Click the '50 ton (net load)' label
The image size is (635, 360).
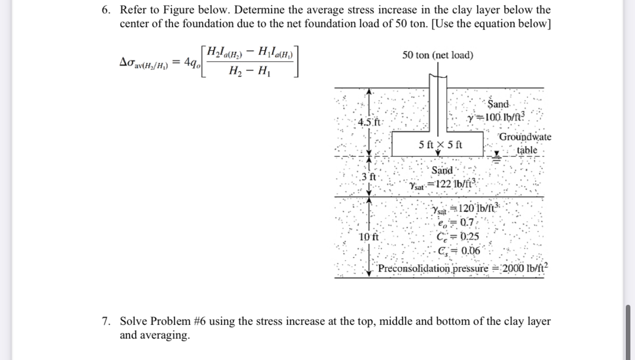coord(437,55)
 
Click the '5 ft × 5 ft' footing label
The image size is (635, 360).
coord(440,145)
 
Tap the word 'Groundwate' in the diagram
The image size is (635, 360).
coord(525,137)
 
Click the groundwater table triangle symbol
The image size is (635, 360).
coord(496,154)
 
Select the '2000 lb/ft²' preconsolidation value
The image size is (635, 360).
coord(521,268)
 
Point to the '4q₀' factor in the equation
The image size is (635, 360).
coord(192,63)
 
